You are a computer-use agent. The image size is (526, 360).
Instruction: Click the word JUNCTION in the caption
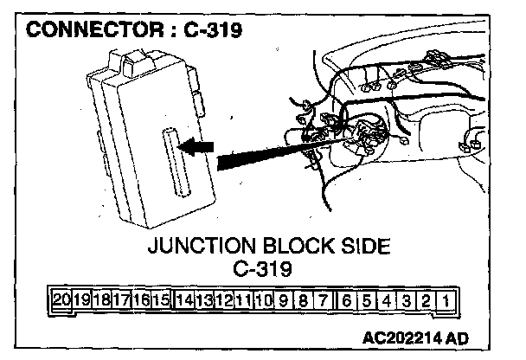point(200,247)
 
